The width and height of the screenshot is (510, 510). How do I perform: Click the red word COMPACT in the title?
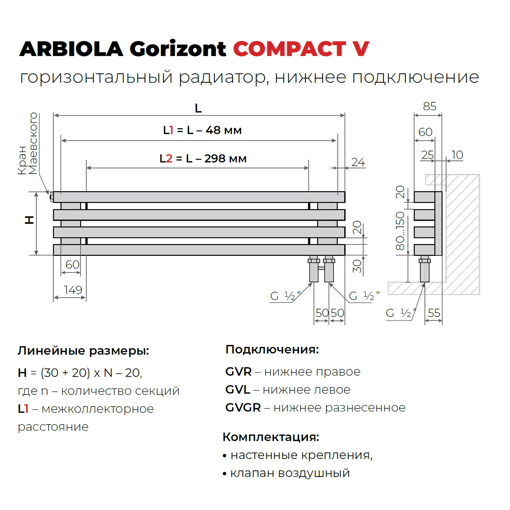(x=289, y=49)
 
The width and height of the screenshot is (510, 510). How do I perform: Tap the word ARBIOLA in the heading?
(x=71, y=49)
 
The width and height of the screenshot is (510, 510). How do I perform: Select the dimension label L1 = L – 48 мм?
(x=202, y=130)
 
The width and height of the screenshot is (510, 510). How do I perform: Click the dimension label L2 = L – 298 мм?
(x=203, y=159)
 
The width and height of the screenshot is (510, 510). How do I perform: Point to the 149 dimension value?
(x=73, y=290)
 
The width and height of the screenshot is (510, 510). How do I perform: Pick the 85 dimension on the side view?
(x=430, y=106)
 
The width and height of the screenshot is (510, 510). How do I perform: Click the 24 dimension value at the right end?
(x=358, y=162)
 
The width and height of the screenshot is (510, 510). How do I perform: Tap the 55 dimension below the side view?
(x=434, y=313)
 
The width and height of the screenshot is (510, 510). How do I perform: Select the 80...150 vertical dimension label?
(x=400, y=231)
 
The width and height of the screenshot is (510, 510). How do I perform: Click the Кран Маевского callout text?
(x=27, y=144)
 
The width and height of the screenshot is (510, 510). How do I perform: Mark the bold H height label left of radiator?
(x=30, y=220)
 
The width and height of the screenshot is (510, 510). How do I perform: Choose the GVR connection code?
(x=238, y=372)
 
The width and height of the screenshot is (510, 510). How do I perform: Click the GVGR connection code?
(x=243, y=407)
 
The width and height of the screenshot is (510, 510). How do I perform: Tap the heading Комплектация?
(x=271, y=437)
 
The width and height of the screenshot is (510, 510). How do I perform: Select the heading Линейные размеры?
(x=83, y=350)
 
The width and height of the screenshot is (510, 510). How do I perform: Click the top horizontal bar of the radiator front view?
(x=199, y=197)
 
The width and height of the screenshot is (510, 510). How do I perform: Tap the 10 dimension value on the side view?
(x=457, y=155)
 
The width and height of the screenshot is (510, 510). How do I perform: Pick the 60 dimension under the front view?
(x=72, y=265)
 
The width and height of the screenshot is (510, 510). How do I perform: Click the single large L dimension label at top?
(x=198, y=108)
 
